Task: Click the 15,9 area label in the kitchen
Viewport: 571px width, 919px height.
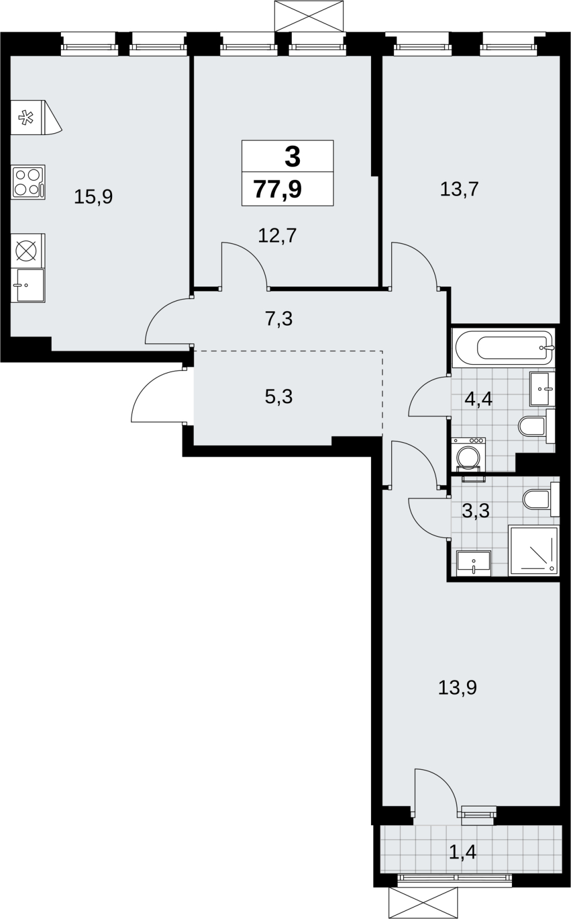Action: click(93, 198)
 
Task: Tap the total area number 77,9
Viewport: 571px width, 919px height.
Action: click(277, 189)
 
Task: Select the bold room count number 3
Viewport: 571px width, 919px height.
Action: click(292, 157)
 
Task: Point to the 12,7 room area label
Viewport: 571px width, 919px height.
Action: click(277, 236)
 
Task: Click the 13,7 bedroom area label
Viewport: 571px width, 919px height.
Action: click(460, 190)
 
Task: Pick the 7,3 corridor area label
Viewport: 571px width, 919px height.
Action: click(279, 319)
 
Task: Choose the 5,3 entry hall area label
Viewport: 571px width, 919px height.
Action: click(279, 397)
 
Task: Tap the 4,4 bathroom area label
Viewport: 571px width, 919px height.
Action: click(479, 399)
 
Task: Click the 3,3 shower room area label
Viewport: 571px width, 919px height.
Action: click(476, 511)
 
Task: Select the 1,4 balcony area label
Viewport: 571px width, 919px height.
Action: click(462, 852)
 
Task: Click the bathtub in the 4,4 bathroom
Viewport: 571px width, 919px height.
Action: click(504, 348)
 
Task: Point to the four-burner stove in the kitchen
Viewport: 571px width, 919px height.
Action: click(28, 182)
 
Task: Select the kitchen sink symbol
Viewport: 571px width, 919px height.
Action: click(28, 285)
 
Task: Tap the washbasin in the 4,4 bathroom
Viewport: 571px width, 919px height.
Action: click(542, 389)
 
